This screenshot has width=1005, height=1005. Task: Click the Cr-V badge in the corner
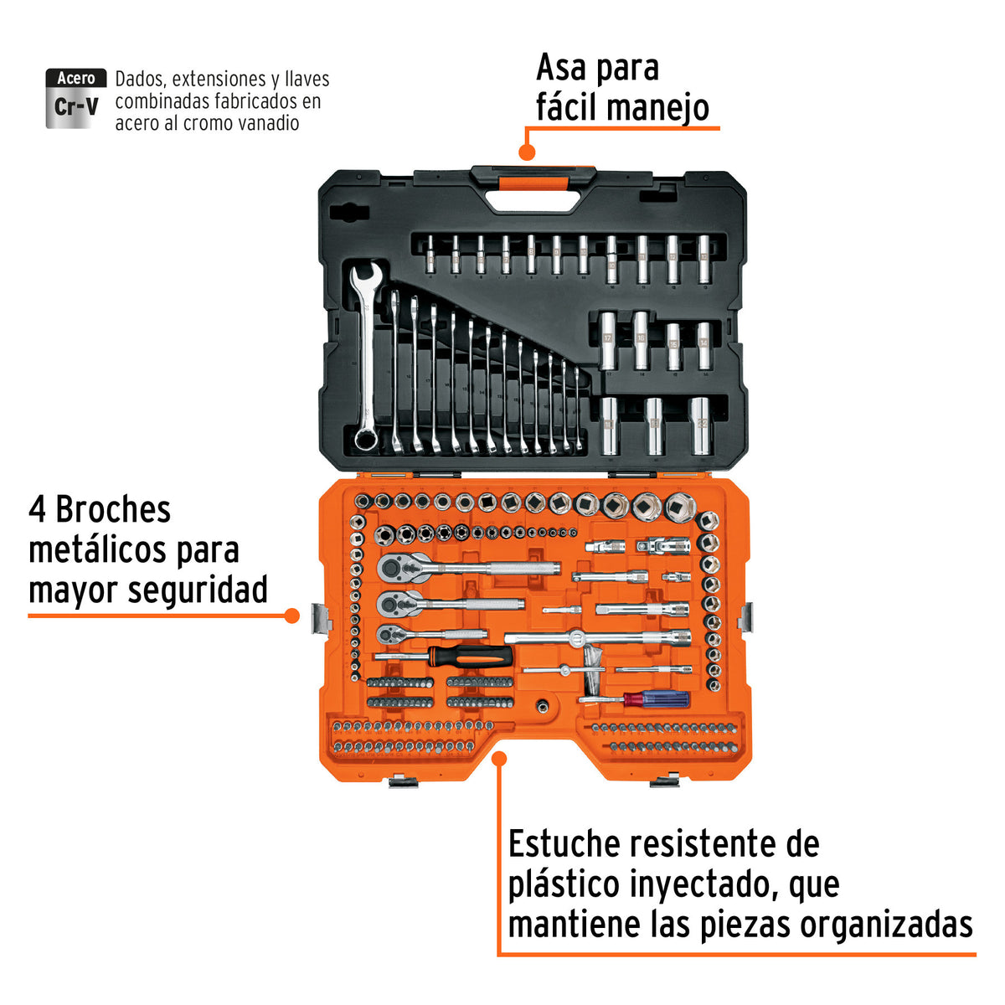(75, 99)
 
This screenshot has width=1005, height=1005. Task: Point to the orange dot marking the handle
(527, 152)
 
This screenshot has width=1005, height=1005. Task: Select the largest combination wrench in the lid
(365, 356)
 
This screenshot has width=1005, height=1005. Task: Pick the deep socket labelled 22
(699, 425)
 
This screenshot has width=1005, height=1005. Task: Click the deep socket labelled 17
(608, 340)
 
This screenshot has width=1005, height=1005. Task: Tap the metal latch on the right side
(745, 618)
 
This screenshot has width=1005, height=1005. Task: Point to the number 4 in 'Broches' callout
(37, 510)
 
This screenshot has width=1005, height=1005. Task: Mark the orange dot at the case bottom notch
(499, 759)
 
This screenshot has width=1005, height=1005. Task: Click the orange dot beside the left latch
(291, 616)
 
